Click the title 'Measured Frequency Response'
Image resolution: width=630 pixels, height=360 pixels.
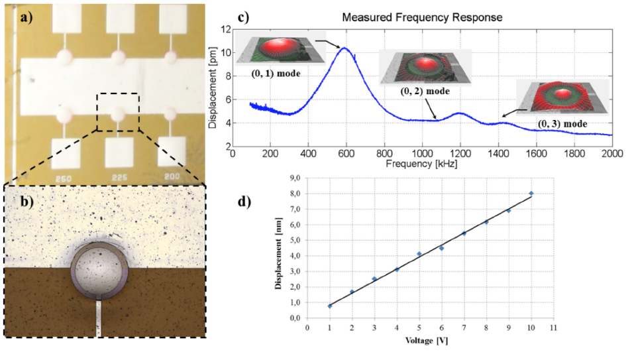point(421,17)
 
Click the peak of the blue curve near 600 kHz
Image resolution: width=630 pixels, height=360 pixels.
point(344,48)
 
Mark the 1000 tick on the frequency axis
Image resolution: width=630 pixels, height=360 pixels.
point(421,153)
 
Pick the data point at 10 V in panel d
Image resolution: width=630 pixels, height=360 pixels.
point(531,194)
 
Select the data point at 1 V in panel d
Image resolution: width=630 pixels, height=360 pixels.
point(329,306)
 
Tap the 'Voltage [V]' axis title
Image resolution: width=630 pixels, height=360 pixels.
point(431,343)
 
